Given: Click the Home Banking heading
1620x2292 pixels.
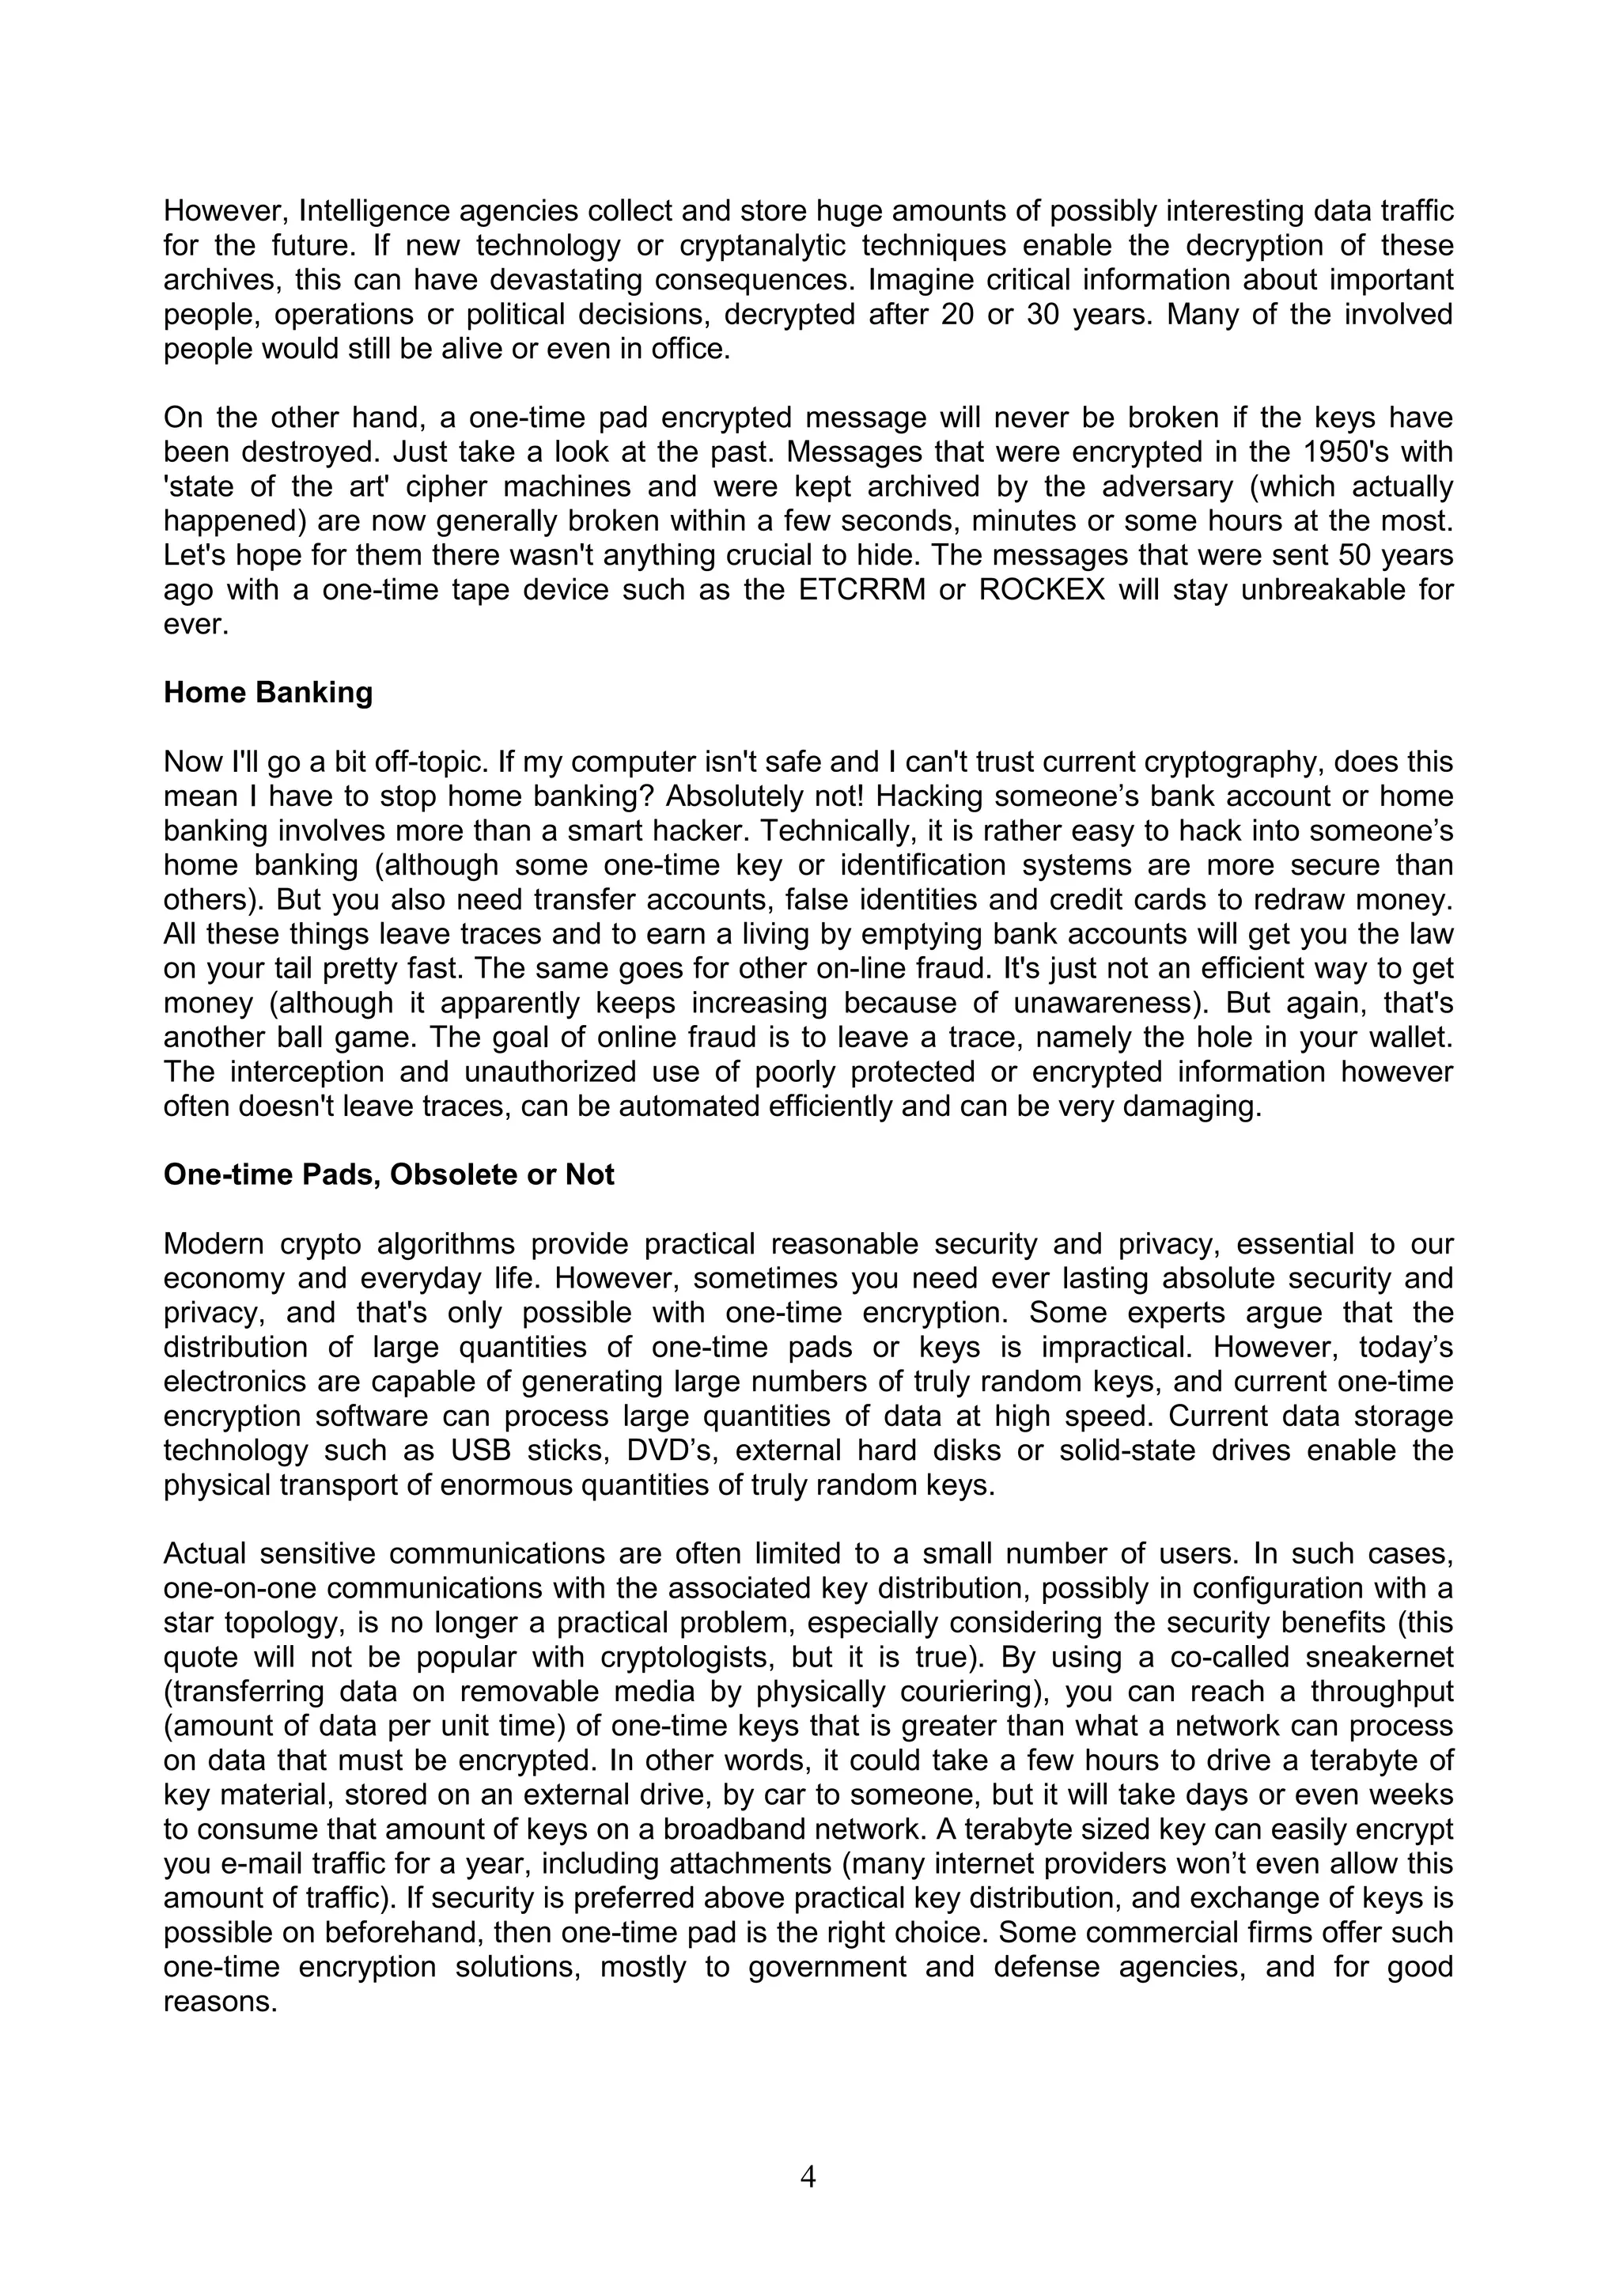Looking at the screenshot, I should pyautogui.click(x=267, y=693).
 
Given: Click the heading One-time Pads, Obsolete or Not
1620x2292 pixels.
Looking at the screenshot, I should pyautogui.click(x=388, y=1175).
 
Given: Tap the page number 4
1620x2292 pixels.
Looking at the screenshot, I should pyautogui.click(x=808, y=2177).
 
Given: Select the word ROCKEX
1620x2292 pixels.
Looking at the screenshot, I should pyautogui.click(x=1042, y=590).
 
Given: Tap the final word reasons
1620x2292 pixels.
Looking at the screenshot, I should pyautogui.click(x=220, y=2003).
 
